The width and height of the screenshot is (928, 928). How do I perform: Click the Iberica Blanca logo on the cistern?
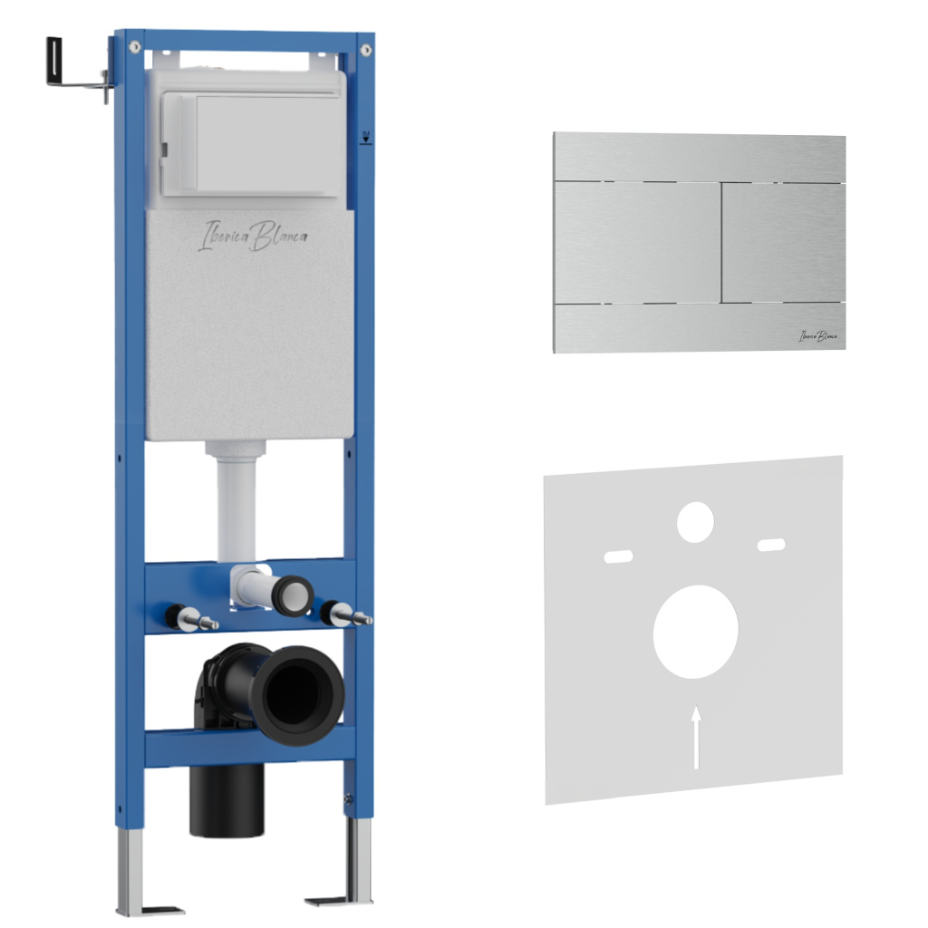point(253,236)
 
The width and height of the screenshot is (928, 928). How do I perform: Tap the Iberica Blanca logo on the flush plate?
point(817,336)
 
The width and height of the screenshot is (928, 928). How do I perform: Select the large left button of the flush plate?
point(637,243)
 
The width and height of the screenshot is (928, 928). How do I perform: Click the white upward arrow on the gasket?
point(697,737)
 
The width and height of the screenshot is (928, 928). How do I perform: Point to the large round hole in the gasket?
point(695,632)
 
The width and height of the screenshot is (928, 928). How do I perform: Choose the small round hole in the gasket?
point(695,522)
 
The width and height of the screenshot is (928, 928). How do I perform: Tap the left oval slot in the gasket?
point(618,556)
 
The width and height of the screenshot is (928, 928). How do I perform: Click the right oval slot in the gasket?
point(772,545)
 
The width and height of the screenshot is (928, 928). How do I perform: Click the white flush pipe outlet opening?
point(294,595)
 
